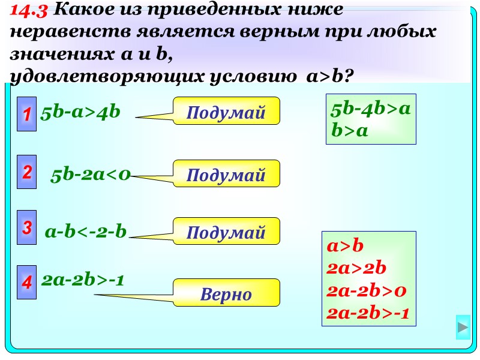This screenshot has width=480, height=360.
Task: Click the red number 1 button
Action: point(26,113)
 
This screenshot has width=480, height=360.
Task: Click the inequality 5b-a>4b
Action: point(81,112)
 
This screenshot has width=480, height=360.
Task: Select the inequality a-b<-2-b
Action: point(86,231)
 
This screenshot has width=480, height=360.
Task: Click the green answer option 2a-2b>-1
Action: point(83,279)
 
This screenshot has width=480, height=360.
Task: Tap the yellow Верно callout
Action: point(226,293)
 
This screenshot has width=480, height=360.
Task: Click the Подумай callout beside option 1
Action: point(226,112)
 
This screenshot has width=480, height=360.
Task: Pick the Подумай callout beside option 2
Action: point(226,175)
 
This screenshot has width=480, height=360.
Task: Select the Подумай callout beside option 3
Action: point(226,232)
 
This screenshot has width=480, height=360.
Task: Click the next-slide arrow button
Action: point(463,328)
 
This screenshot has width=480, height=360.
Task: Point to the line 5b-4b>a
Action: point(370,109)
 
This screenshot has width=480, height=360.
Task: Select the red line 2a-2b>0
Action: point(367,290)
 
